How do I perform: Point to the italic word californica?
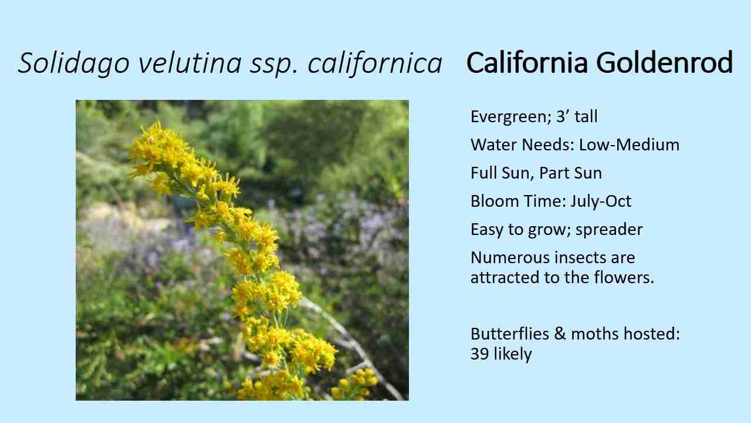(375, 63)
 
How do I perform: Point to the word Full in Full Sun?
(482, 173)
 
